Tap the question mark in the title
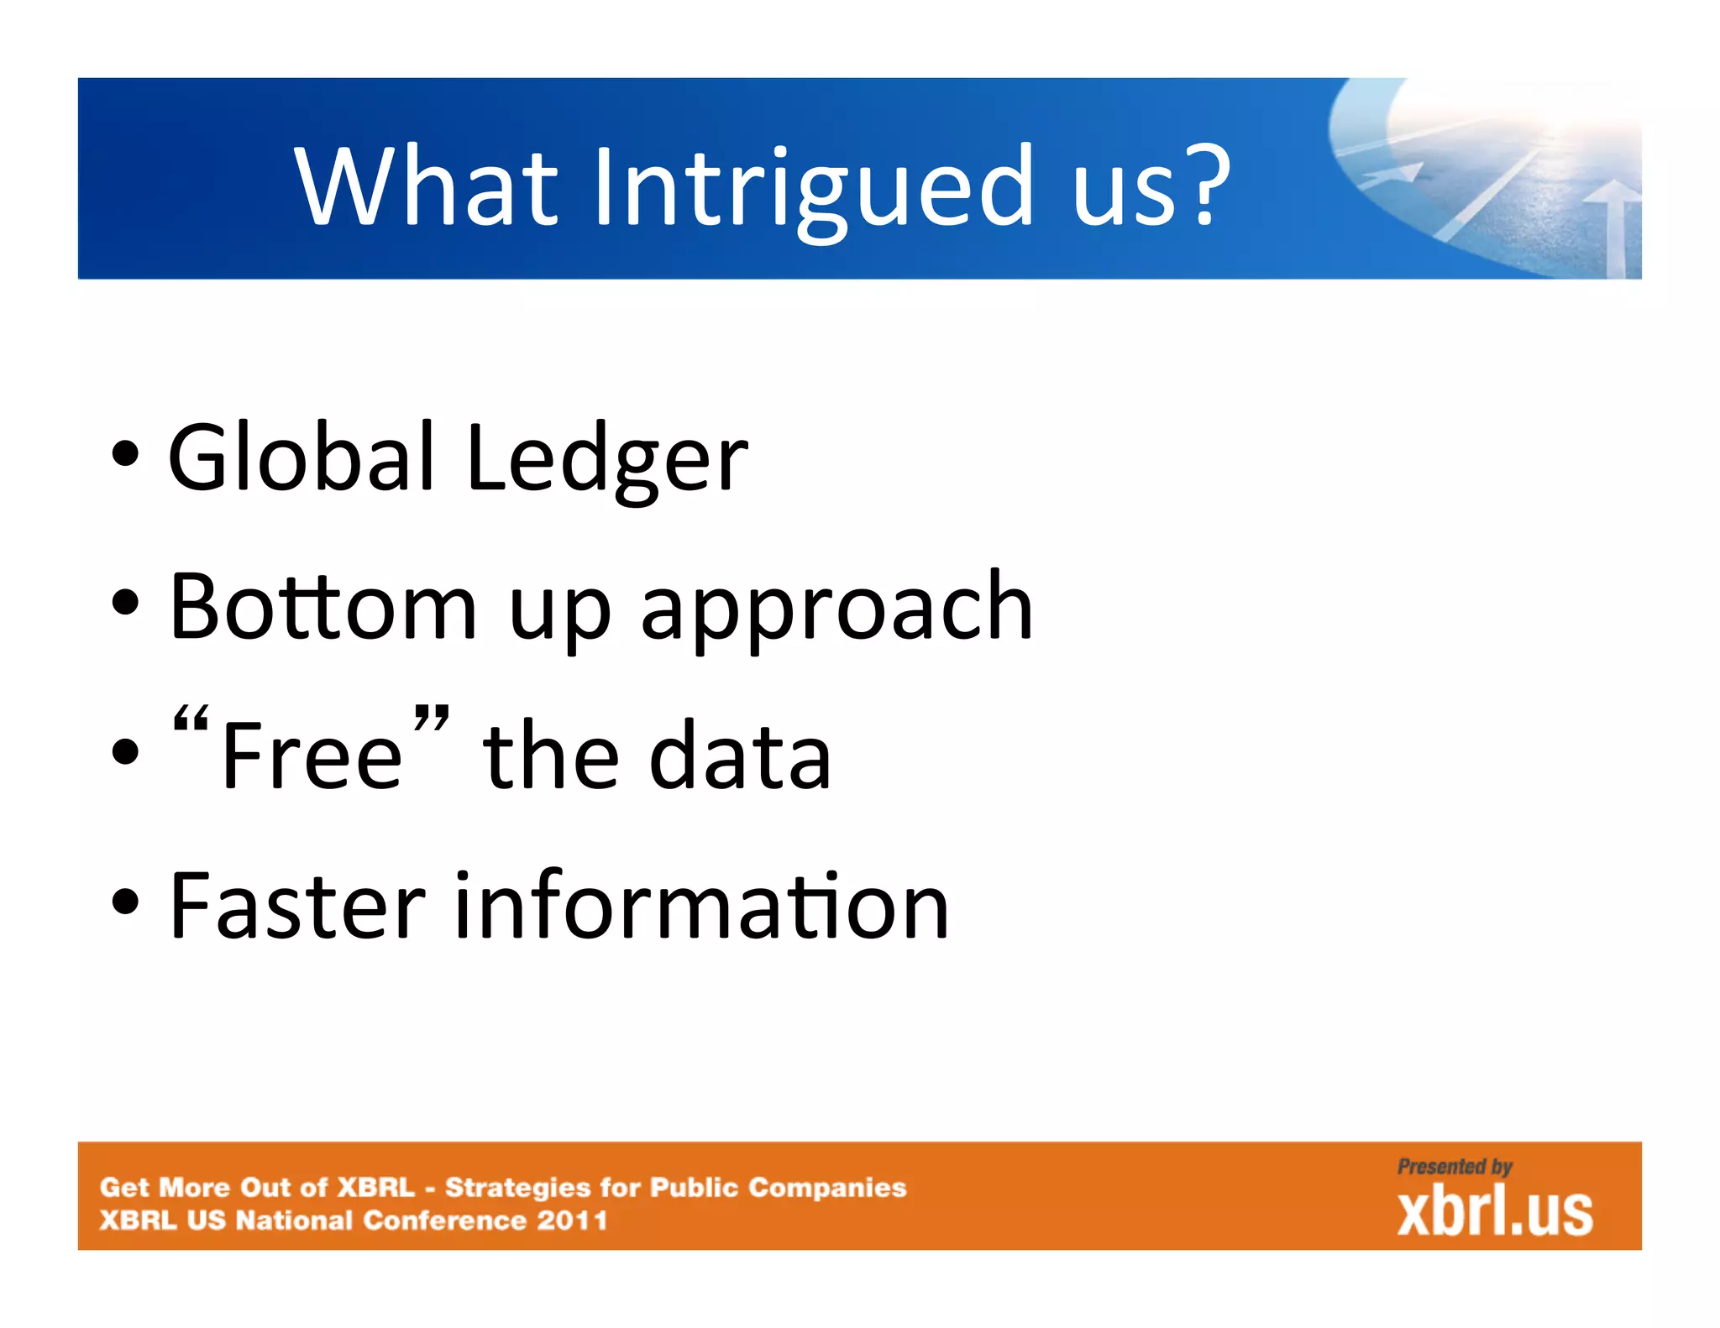[1207, 186]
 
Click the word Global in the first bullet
[301, 458]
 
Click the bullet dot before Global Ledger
[125, 456]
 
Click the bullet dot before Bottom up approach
[125, 604]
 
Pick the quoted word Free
[312, 756]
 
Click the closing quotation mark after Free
[432, 720]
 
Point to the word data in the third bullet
[740, 756]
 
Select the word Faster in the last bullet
[297, 907]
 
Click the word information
[701, 907]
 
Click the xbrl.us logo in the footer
[1494, 1213]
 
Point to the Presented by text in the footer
[1454, 1167]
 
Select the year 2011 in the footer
[572, 1220]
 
